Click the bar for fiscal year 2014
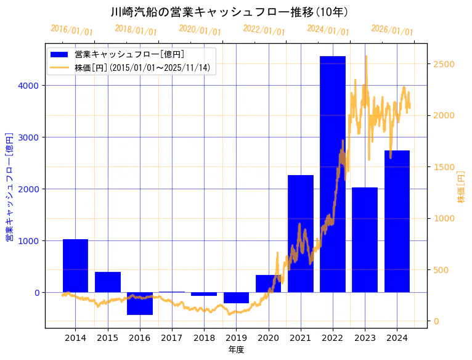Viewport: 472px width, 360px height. click(x=75, y=266)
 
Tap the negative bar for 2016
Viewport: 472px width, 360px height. click(x=140, y=303)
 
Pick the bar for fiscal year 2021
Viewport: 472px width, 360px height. click(x=301, y=234)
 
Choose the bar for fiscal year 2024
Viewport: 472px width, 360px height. click(x=397, y=221)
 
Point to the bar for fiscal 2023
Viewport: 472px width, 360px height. click(x=365, y=240)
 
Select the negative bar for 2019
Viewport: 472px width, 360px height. click(x=236, y=298)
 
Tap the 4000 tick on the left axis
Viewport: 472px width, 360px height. click(x=32, y=86)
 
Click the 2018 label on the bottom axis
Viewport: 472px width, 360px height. click(x=204, y=338)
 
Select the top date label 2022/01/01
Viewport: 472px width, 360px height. click(x=264, y=30)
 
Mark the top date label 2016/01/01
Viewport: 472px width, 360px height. click(x=71, y=30)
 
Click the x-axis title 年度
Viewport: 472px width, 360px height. click(x=236, y=350)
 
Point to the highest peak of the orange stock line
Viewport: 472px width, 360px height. click(x=366, y=56)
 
